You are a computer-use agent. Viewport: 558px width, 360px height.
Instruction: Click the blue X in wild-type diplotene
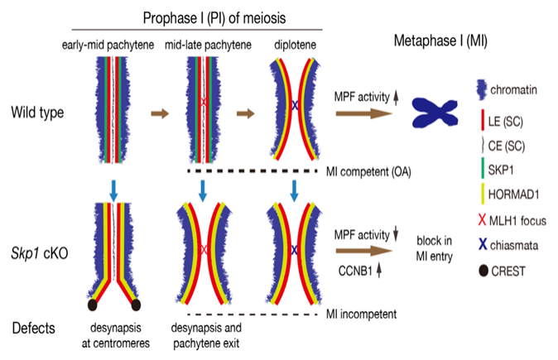pyautogui.click(x=294, y=105)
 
